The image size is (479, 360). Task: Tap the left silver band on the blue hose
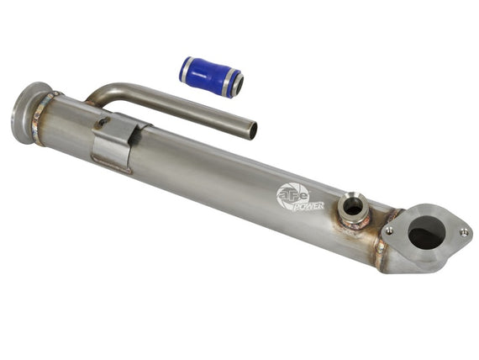click(x=186, y=67)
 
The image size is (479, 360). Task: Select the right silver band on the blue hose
click(x=229, y=82)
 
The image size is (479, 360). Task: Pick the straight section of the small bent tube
click(x=185, y=109)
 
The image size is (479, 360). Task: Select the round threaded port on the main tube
click(x=353, y=205)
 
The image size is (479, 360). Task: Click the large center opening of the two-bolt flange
click(x=426, y=232)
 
